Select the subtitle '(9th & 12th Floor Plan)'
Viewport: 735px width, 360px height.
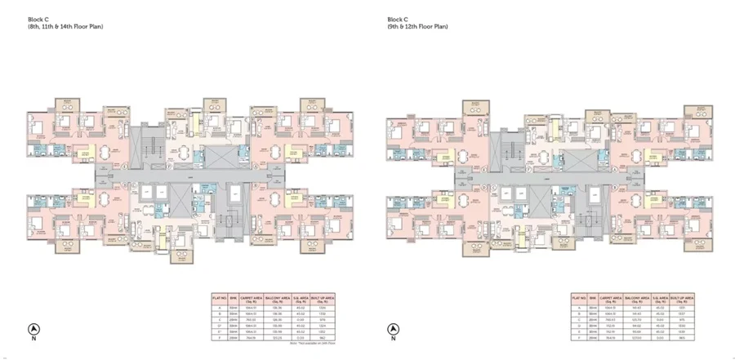pos(417,27)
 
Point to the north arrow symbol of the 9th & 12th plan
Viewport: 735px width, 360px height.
pos(392,331)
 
